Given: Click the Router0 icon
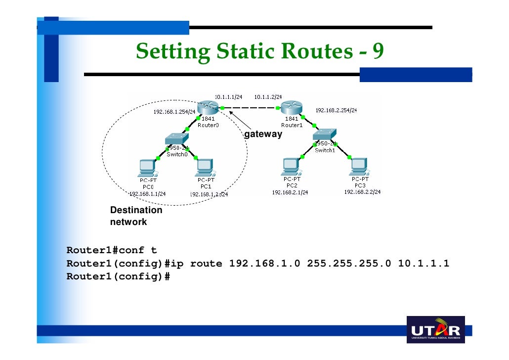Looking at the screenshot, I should (x=206, y=108).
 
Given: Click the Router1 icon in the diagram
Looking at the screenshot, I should (x=291, y=108).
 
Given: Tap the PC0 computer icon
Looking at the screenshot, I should (x=147, y=168).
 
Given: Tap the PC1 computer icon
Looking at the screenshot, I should (x=205, y=168).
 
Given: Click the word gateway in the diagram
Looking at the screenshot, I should (x=263, y=134).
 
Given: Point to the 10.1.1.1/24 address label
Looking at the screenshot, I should (x=228, y=97).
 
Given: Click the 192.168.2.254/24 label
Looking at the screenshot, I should (x=336, y=110).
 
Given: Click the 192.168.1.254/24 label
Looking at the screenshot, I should (x=174, y=112).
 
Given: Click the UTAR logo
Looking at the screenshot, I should (x=435, y=330).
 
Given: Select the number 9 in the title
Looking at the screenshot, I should (x=378, y=50).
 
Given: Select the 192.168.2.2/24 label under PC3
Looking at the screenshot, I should (x=363, y=192).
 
